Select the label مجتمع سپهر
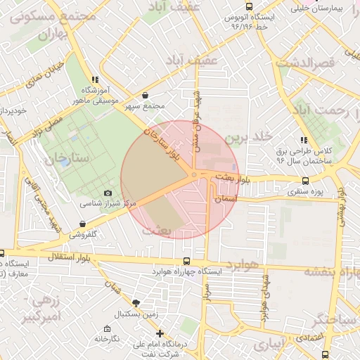click(144, 106)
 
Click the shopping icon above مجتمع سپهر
click(145, 96)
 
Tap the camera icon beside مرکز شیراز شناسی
click(108, 193)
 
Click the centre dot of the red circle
click(193, 175)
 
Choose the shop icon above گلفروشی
click(83, 224)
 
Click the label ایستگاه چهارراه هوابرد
click(197, 271)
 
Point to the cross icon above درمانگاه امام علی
click(161, 333)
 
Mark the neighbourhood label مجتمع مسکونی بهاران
click(51, 24)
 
